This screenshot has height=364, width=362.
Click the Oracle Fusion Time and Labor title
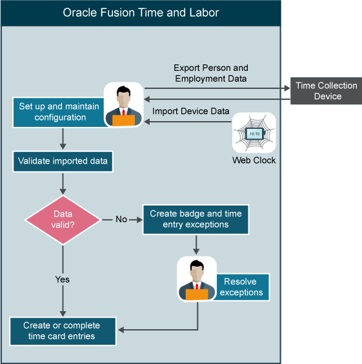click(x=141, y=12)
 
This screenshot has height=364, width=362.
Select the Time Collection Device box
click(x=326, y=91)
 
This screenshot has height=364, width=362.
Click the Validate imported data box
click(x=63, y=161)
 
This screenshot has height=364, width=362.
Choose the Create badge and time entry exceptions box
click(x=196, y=219)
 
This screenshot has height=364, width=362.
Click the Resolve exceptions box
click(x=240, y=287)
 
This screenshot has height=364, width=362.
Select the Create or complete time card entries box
click(x=63, y=331)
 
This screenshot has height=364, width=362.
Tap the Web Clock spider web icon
click(x=254, y=133)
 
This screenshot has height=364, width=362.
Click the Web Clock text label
click(x=254, y=160)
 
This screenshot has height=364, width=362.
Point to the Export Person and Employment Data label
click(x=210, y=73)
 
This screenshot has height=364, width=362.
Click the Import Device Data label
click(x=191, y=111)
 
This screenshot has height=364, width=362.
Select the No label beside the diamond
click(x=121, y=219)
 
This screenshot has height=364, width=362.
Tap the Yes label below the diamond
click(x=62, y=280)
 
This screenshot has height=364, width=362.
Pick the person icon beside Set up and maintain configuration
click(x=123, y=104)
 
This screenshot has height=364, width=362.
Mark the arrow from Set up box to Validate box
click(x=63, y=139)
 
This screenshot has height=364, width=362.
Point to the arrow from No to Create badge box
click(x=136, y=219)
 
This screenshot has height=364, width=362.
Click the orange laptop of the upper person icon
click(x=123, y=119)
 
